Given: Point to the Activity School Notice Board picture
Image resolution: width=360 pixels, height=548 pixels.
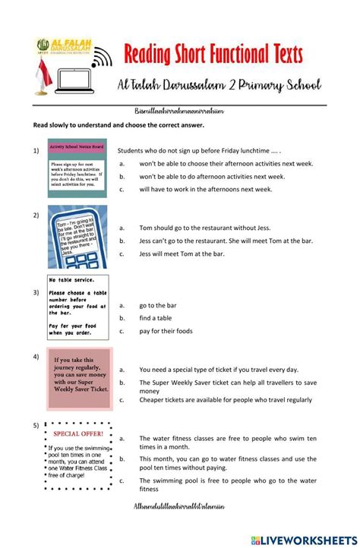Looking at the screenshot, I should tap(74, 168).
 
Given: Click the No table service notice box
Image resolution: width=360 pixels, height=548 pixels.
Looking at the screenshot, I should tap(77, 307).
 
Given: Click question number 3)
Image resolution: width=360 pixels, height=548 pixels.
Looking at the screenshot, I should tap(36, 291).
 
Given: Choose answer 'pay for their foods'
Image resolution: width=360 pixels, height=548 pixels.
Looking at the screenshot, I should tap(166, 331).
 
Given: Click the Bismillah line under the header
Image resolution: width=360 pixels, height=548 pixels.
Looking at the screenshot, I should tap(179, 111).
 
